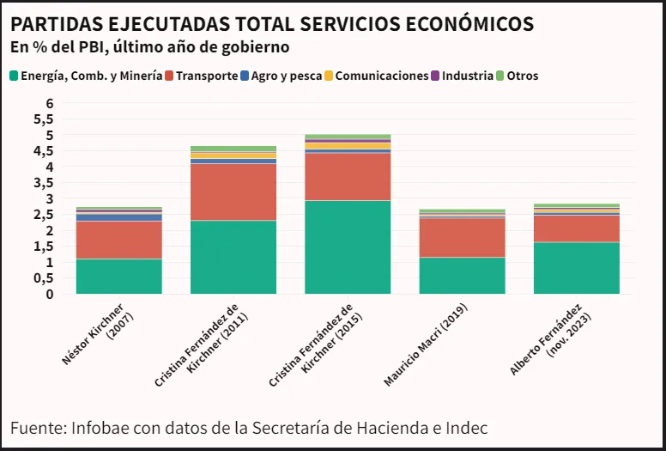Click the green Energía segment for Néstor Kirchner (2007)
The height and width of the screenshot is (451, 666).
click(119, 276)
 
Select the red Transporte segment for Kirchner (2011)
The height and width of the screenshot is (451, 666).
click(233, 192)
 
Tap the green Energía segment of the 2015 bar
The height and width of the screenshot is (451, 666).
click(348, 247)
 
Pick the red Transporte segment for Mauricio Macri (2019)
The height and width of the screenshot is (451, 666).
click(462, 237)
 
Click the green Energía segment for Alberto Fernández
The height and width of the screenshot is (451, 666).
click(576, 267)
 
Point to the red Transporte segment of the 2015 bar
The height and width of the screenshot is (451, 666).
click(348, 176)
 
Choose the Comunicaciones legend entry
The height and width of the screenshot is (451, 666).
click(381, 76)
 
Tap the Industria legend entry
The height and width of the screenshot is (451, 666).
click(463, 76)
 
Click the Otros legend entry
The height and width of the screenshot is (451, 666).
click(522, 76)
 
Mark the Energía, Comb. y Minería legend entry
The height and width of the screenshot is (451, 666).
click(91, 76)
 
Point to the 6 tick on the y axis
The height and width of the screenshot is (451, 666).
click(50, 103)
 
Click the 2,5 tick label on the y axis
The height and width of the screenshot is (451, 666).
click(45, 215)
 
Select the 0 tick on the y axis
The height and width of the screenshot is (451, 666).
click(50, 294)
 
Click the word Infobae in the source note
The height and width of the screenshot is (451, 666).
click(101, 427)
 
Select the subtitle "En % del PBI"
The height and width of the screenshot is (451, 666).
click(52, 46)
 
